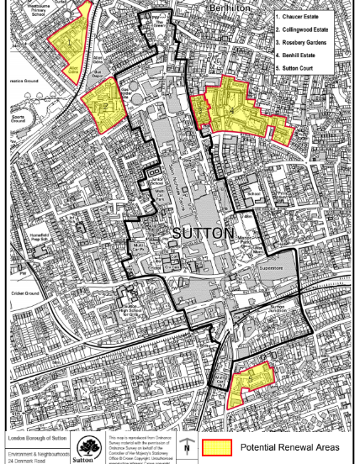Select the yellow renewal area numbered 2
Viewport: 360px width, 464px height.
103,106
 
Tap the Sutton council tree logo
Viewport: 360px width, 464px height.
88,447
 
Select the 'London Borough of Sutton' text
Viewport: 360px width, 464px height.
37,439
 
